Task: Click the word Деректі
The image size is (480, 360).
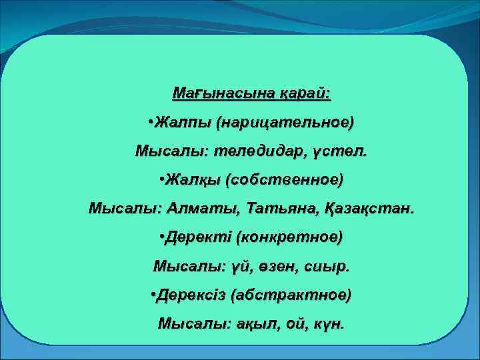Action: tap(198, 237)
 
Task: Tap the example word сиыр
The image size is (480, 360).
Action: tap(327, 266)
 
